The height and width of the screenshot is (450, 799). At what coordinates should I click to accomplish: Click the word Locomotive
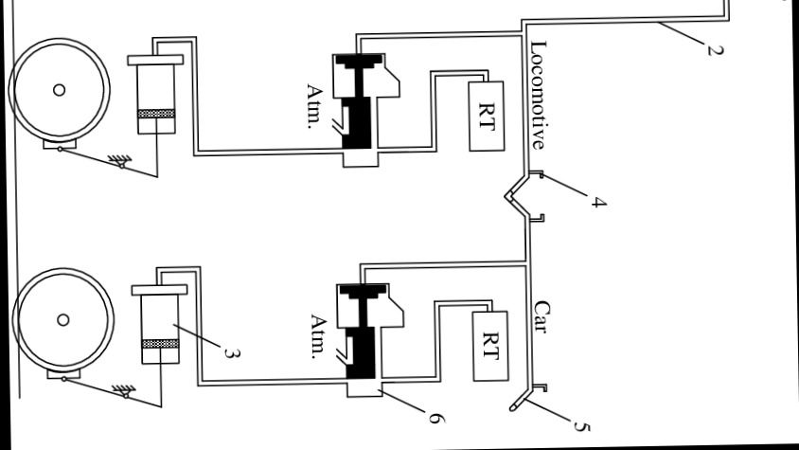[538, 95]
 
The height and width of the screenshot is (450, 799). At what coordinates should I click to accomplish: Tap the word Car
[541, 318]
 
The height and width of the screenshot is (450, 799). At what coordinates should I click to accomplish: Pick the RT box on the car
[489, 341]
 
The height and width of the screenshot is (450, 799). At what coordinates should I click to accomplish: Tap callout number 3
[230, 353]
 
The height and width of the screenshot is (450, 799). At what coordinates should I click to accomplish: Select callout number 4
[597, 202]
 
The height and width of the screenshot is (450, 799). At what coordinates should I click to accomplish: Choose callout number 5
[582, 426]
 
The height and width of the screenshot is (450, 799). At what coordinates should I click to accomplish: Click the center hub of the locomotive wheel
[59, 90]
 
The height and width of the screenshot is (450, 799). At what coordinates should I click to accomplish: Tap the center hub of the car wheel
[62, 319]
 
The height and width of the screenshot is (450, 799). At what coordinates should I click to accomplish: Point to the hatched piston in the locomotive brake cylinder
[155, 115]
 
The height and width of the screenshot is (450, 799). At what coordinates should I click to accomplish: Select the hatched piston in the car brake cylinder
[159, 343]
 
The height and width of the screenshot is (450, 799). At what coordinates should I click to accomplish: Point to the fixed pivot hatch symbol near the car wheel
[120, 389]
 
